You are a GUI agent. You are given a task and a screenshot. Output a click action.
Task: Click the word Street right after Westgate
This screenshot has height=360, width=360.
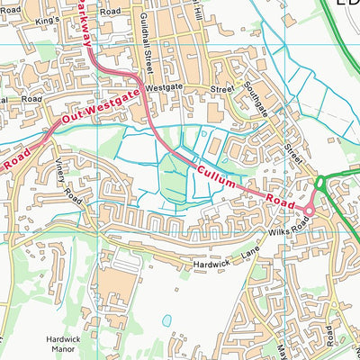pos(221,90)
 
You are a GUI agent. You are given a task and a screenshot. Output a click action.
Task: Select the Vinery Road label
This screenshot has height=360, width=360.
pos(67,179)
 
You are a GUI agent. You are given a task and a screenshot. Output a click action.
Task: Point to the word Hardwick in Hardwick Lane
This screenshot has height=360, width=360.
pos(211,264)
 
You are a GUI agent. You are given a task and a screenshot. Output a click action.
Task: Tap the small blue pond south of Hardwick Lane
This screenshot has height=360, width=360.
pos(166,319)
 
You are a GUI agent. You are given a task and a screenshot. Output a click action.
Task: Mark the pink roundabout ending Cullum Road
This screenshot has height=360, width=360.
pos(309,211)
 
